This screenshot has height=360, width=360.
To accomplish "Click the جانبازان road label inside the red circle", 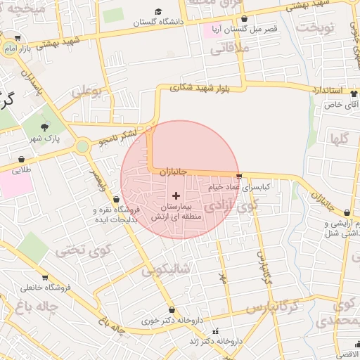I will pos(172,171).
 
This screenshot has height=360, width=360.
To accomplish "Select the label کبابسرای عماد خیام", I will pos(239,187).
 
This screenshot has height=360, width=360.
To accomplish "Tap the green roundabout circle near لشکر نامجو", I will pos(83,146).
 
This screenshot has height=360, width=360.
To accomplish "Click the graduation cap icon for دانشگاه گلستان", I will pos(159,12).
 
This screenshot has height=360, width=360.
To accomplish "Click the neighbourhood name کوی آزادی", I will pos(243,206).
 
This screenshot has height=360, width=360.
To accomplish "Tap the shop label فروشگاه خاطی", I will pos(44,288).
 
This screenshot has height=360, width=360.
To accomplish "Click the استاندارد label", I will pos(326,91).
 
